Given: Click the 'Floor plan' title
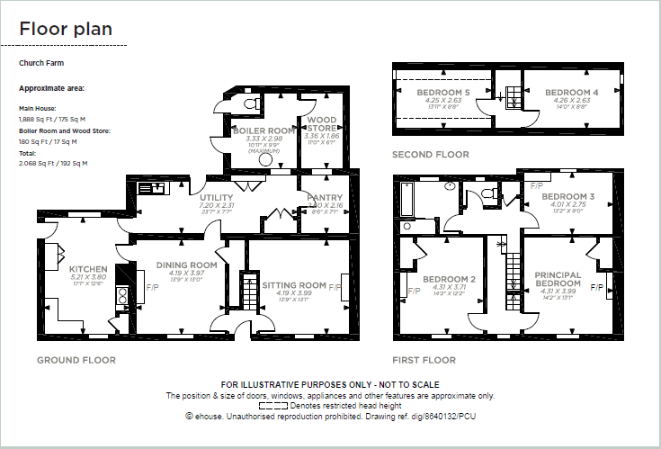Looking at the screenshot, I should pos(66,29).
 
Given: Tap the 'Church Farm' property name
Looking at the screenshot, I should pos(41,64).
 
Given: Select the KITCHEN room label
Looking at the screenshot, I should pos(88,269).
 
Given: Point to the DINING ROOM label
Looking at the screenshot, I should pos(187,265).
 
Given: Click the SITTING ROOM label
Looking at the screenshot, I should pos(293,285).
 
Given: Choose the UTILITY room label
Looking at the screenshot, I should pos(217,198).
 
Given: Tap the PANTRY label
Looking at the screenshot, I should pos(325,197).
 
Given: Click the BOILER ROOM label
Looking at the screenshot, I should pos(264,130).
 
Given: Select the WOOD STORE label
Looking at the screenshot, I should pos(322,124).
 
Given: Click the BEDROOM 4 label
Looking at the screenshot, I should pos(571,93).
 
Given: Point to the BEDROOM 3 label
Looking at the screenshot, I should pos(567,197).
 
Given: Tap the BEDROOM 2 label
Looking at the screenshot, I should pos(447,278).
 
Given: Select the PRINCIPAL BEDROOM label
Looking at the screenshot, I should pos(558,279).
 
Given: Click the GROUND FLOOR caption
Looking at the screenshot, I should pos(76,360).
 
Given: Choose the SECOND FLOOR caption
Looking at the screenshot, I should pos(430,155).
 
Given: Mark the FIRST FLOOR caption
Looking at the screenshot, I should pos(424,360).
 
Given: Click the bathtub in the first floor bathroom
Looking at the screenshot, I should pos(406,202).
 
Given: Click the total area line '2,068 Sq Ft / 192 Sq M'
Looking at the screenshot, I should pos(53,163).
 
